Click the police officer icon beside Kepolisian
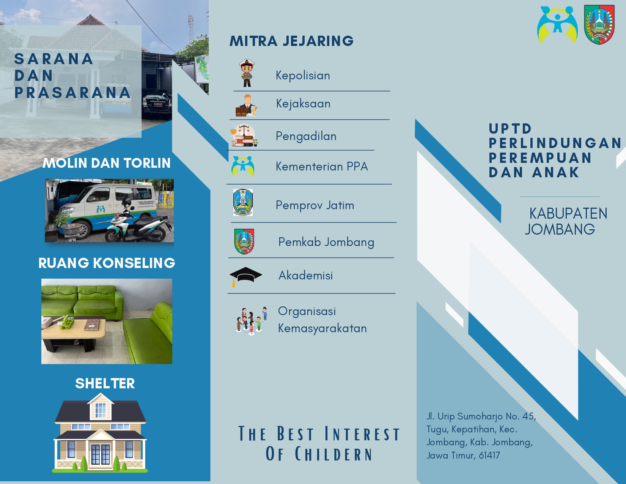pyautogui.click(x=247, y=73)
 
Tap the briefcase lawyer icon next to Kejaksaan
pyautogui.click(x=246, y=106)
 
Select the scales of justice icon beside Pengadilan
pyautogui.click(x=244, y=136)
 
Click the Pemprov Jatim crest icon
pyautogui.click(x=243, y=202)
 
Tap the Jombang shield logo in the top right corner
pyautogui.click(x=599, y=25)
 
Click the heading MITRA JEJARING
pyautogui.click(x=291, y=41)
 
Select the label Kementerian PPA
pyautogui.click(x=322, y=167)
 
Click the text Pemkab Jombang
pyautogui.click(x=326, y=242)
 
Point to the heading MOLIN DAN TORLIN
pyautogui.click(x=107, y=163)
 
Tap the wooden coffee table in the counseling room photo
pyautogui.click(x=74, y=333)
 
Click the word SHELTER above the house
pyautogui.click(x=105, y=383)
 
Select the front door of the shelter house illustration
pyautogui.click(x=100, y=454)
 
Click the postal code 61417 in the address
pyautogui.click(x=489, y=455)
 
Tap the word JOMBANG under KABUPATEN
pyautogui.click(x=560, y=229)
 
